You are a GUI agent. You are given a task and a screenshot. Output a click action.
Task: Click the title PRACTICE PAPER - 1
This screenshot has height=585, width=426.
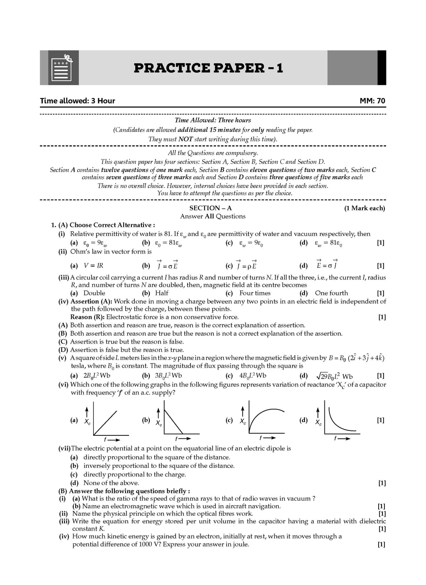pyautogui.click(x=208, y=68)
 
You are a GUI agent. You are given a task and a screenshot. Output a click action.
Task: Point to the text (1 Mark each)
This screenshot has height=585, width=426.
pyautogui.click(x=364, y=208)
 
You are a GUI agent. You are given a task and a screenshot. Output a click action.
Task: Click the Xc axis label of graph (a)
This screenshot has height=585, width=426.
pyautogui.click(x=87, y=422)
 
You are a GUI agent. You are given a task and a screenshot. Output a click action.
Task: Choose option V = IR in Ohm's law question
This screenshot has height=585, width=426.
pyautogui.click(x=94, y=266)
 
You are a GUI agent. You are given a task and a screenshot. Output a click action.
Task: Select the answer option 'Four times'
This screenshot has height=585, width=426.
pyautogui.click(x=255, y=293)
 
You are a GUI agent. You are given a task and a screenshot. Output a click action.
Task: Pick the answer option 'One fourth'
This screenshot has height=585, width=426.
pyautogui.click(x=332, y=293)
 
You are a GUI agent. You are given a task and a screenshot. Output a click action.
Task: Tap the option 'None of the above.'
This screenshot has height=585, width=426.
pyautogui.click(x=111, y=483)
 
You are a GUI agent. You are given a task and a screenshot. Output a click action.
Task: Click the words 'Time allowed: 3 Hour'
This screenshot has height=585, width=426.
pyautogui.click(x=77, y=101)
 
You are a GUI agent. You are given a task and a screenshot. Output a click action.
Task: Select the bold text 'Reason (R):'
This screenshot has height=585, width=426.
pyautogui.click(x=88, y=317)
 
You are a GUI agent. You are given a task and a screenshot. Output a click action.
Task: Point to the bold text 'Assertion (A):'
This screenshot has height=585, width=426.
pyautogui.click(x=91, y=301)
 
